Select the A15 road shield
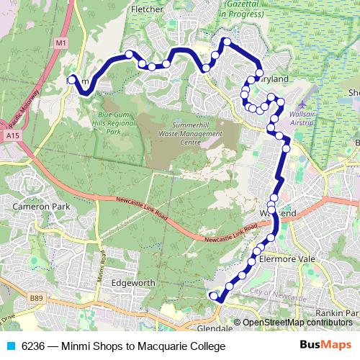11,135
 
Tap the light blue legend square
11,346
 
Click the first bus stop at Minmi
71,81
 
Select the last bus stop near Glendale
212,295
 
